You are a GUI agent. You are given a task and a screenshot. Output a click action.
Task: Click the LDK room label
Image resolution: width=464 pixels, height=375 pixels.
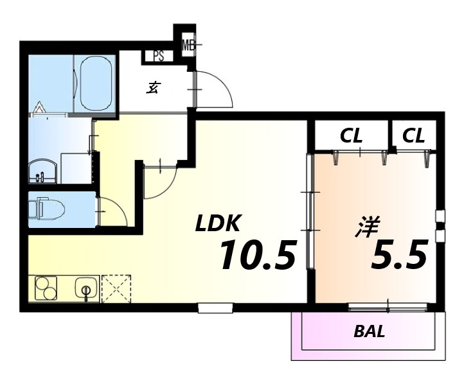point(217,223)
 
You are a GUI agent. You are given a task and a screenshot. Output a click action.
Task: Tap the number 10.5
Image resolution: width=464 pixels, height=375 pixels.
point(257,255)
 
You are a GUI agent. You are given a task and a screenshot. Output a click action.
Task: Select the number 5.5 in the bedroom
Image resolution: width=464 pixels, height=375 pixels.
point(399,254)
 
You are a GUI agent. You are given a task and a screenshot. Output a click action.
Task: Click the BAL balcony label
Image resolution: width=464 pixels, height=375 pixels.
point(370,331)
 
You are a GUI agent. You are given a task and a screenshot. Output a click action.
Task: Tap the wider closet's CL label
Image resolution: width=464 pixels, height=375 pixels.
point(351,136)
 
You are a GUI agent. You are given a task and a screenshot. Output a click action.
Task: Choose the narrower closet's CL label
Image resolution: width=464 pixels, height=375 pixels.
point(413,136)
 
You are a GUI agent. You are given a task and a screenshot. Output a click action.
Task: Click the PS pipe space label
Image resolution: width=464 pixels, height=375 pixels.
point(159,56)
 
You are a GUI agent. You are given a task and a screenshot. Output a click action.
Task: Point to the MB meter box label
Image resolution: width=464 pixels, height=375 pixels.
point(188,45)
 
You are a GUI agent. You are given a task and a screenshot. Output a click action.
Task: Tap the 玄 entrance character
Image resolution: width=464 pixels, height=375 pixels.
point(153,88)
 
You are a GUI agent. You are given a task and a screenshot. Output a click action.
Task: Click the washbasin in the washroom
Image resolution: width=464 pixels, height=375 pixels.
point(42,171)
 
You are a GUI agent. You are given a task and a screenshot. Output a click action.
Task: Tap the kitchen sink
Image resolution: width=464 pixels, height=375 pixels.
point(86,289)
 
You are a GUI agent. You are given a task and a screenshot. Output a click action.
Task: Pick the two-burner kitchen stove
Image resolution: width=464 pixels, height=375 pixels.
point(46,288)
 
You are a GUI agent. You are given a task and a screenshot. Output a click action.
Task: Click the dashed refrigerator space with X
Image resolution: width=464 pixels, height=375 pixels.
point(116,289)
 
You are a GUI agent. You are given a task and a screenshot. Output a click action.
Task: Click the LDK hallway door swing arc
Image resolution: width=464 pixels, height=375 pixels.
point(167,186)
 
